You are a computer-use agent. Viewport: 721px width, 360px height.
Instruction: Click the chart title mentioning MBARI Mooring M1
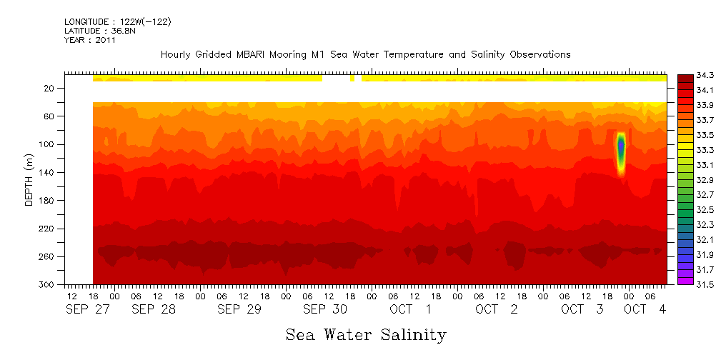tap(365, 54)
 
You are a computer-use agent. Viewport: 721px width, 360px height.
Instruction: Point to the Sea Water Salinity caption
tap(366, 334)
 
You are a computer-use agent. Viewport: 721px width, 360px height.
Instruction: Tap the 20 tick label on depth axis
tap(49, 88)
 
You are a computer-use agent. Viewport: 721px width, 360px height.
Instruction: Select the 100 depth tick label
tap(47, 144)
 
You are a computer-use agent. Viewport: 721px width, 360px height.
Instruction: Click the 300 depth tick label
tap(47, 284)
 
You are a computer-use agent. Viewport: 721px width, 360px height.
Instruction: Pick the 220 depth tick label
tap(47, 229)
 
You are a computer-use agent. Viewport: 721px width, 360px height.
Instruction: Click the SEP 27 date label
tap(84, 309)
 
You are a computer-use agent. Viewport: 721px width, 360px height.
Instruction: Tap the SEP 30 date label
tap(325, 309)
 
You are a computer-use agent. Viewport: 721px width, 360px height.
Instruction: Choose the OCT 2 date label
tap(497, 309)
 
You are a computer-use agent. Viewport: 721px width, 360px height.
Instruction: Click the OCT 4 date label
tap(645, 309)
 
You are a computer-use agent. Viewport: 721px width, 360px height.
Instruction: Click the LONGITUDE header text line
tap(117, 22)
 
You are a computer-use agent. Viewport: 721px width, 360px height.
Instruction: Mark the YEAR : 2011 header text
tap(89, 41)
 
